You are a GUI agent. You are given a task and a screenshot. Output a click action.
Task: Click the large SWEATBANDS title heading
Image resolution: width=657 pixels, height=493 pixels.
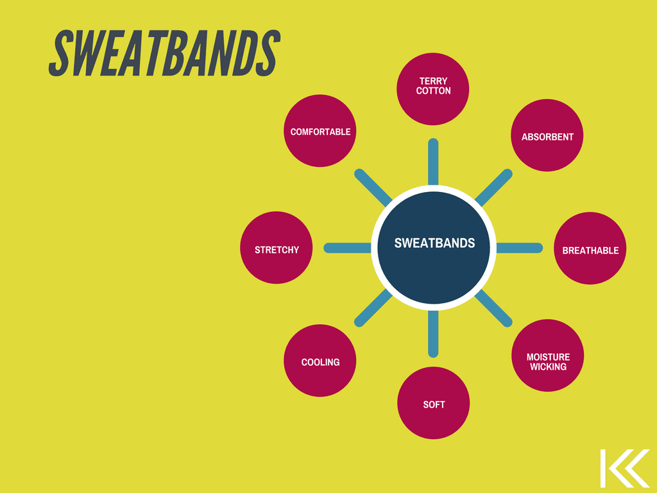(164, 53)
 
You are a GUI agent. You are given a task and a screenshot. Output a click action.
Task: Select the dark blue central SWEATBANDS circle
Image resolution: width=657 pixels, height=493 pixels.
(434, 248)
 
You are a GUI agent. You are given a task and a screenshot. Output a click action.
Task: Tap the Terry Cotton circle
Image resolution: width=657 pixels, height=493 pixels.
(433, 89)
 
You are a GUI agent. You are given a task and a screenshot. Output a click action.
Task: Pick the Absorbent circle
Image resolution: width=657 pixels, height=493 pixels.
(547, 135)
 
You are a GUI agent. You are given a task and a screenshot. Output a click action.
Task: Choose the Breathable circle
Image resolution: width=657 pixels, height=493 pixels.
(590, 248)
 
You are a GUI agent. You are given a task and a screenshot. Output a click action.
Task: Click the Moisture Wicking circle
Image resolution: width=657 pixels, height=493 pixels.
(548, 356)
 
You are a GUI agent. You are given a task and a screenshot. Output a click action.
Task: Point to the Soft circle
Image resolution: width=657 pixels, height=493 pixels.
(433, 403)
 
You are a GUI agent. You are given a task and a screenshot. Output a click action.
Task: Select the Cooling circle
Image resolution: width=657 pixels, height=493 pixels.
(320, 361)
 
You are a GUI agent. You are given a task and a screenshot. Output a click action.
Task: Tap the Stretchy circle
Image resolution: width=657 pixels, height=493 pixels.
(276, 248)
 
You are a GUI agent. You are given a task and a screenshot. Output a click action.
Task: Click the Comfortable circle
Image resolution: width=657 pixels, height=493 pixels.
(320, 131)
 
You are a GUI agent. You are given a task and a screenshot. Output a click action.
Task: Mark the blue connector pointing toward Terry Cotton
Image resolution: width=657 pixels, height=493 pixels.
(433, 162)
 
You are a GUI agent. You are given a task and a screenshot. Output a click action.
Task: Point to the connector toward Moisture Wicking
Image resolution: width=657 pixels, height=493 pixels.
(493, 308)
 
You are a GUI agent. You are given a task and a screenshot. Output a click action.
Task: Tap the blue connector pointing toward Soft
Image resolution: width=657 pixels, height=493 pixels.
(433, 334)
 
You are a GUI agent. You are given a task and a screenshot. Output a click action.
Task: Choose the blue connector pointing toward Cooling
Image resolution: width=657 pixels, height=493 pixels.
(373, 308)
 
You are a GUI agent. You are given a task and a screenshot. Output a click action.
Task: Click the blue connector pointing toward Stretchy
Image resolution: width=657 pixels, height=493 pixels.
(347, 248)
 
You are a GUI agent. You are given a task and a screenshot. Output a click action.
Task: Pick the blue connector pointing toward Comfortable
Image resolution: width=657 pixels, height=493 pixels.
(373, 187)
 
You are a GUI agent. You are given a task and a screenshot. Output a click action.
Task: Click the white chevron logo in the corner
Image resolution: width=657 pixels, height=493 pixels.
(625, 468)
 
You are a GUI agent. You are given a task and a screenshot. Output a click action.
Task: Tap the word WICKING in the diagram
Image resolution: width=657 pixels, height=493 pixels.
(548, 367)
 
